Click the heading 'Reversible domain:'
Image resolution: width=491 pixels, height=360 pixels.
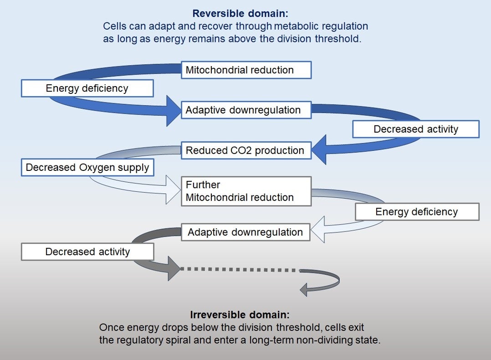tap(240, 14)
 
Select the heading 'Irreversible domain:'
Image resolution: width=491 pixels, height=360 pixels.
tap(240, 315)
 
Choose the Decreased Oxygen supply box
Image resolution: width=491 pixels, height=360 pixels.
tap(87, 167)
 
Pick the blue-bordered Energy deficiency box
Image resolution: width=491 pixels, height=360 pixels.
tap(87, 88)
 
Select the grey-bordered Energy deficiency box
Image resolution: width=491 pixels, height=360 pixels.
tap(417, 211)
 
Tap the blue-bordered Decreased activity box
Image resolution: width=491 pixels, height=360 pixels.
tap(415, 129)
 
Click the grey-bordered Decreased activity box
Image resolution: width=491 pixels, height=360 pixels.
tap(87, 252)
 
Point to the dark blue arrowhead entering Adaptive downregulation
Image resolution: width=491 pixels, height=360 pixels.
tap(174, 111)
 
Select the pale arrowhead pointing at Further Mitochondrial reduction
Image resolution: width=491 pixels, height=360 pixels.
tap(173, 189)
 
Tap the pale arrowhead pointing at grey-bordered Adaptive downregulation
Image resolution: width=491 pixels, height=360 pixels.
tap(317, 228)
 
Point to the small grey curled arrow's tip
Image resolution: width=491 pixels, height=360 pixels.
tap(302, 288)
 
